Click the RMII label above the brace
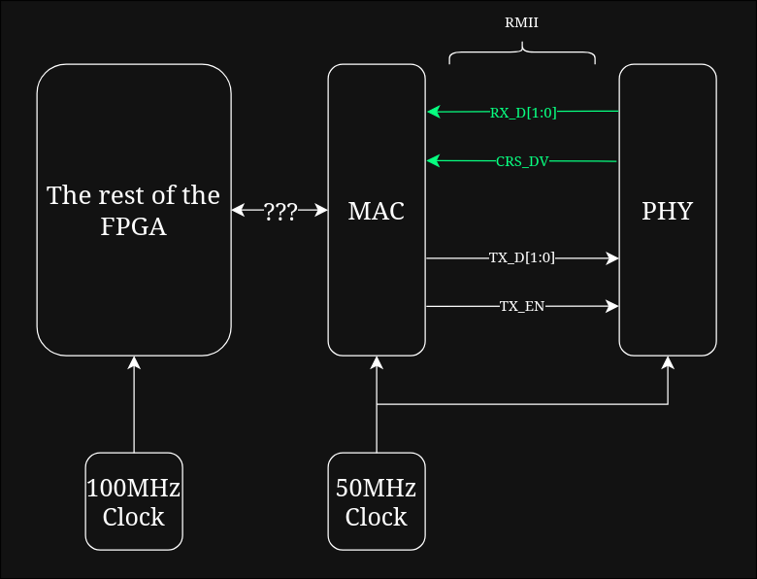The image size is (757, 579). (x=521, y=24)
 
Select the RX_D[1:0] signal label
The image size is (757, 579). (x=523, y=113)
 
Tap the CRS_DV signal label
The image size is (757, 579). (x=522, y=161)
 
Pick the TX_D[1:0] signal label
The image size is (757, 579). (x=522, y=257)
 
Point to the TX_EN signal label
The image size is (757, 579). (x=522, y=306)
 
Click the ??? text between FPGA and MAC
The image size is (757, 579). (x=280, y=210)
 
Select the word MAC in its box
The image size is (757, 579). (x=377, y=210)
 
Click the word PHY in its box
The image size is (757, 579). (x=668, y=210)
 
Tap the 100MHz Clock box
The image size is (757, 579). (x=134, y=501)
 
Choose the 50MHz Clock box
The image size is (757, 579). (x=377, y=501)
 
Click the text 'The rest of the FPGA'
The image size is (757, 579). (x=134, y=210)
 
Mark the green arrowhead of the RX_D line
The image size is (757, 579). (x=433, y=112)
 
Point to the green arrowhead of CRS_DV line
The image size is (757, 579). (x=433, y=160)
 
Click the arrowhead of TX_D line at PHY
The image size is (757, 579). (x=612, y=257)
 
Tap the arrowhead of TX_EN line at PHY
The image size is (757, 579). (x=612, y=306)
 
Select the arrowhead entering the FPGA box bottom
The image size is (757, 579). (x=134, y=362)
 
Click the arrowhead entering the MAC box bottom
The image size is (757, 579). (x=377, y=362)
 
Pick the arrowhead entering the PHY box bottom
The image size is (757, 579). (x=668, y=362)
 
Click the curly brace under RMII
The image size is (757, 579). (x=522, y=56)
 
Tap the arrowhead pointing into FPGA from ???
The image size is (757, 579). (x=238, y=210)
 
